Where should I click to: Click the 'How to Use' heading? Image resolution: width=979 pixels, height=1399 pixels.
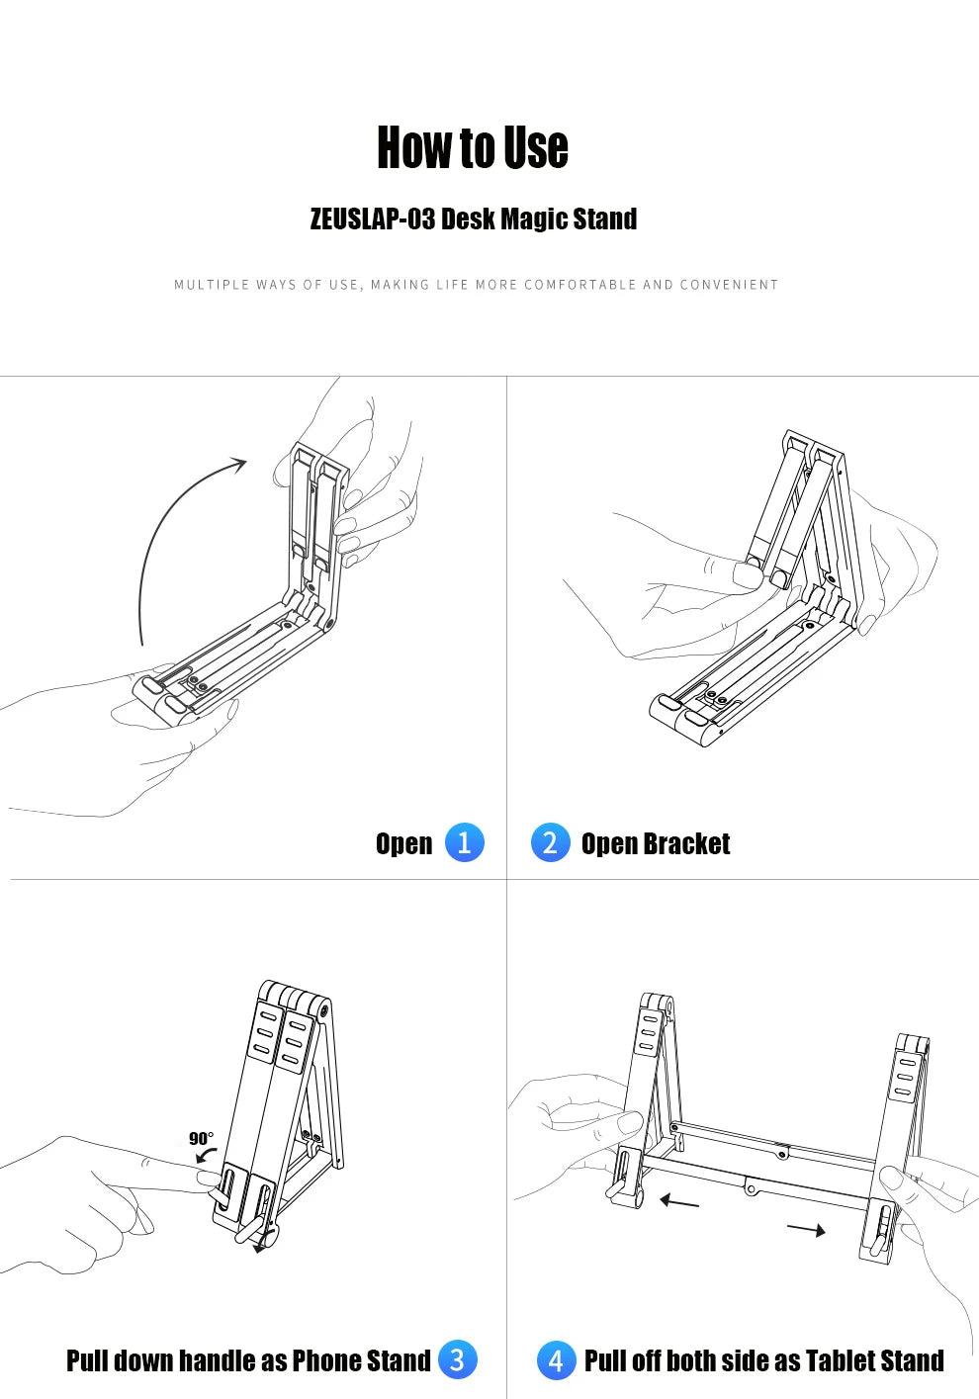473,147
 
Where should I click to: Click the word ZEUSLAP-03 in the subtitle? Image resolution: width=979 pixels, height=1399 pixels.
373,219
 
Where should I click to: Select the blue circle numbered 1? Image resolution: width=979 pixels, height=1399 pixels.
464,842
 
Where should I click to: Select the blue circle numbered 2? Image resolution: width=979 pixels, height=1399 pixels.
551,842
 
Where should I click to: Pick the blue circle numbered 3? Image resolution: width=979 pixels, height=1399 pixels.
457,1359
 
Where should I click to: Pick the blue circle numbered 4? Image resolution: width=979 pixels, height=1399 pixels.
556,1359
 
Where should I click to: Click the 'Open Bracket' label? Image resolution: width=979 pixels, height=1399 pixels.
656,843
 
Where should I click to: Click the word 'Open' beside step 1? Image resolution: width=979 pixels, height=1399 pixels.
403,844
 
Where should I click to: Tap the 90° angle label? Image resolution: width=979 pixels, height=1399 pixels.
201,1138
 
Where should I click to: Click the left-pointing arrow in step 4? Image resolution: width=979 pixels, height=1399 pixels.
679,1200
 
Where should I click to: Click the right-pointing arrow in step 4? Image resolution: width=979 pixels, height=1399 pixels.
806,1230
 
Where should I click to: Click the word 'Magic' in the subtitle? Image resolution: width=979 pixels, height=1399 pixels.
536,219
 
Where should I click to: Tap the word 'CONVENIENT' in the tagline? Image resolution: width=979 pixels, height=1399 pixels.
729,285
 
